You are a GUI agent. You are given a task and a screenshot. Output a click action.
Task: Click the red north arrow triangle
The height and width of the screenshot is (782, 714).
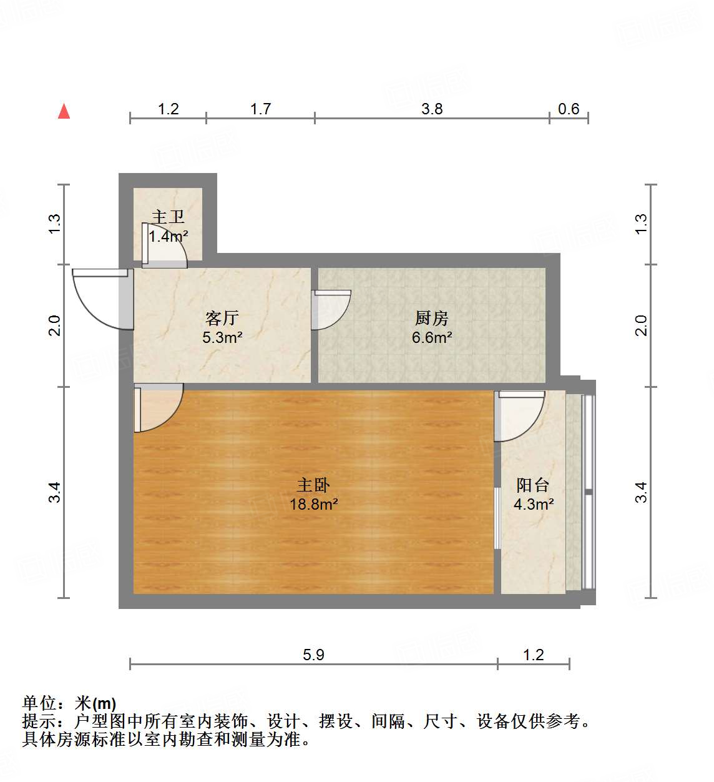(x=64, y=111)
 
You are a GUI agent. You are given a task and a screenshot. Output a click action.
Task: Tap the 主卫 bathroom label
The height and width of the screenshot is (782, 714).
(x=168, y=217)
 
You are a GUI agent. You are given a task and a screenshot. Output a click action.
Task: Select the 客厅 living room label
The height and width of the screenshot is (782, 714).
(x=222, y=318)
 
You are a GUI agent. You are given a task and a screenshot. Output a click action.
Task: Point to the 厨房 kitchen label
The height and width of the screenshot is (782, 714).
(x=431, y=318)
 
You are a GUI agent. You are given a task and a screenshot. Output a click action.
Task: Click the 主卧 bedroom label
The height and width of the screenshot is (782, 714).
(x=313, y=485)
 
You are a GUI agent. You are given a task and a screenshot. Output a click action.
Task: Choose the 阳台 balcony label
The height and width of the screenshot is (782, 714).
(x=533, y=485)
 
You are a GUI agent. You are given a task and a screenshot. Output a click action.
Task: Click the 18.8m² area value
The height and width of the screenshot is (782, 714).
(x=313, y=504)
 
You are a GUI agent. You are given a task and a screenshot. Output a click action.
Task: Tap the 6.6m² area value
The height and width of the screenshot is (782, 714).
(x=431, y=337)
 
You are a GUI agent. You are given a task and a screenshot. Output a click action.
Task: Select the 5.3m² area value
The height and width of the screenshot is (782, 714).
(x=222, y=337)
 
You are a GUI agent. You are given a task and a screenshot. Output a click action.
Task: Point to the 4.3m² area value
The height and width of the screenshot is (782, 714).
(x=533, y=504)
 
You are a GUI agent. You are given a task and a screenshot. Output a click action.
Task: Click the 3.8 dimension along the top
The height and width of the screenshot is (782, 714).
(x=432, y=109)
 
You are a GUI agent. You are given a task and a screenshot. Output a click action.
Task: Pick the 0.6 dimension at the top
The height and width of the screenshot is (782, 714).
(x=569, y=109)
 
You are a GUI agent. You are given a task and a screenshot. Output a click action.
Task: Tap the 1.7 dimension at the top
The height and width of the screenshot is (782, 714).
(x=260, y=109)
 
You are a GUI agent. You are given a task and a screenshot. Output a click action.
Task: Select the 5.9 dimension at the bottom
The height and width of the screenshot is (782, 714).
(x=313, y=655)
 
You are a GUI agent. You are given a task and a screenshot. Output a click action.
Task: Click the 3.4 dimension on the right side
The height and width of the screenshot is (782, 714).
(x=641, y=492)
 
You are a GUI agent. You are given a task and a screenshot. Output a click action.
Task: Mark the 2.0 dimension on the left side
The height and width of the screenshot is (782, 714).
(x=55, y=325)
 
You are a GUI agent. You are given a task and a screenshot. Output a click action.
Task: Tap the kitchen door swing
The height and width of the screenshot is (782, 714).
(x=330, y=309)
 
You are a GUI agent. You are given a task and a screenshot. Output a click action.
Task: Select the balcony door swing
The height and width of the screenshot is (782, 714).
(x=518, y=414)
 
